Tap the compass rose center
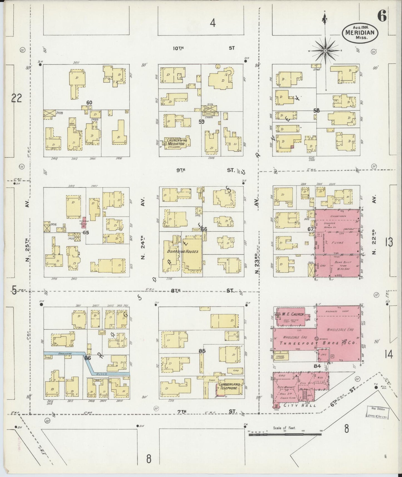(325, 51)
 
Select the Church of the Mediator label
(177, 142)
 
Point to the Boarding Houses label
(183, 251)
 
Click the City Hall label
(300, 405)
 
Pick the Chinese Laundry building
(281, 357)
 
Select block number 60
(89, 103)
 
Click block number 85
(202, 351)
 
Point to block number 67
(310, 229)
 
